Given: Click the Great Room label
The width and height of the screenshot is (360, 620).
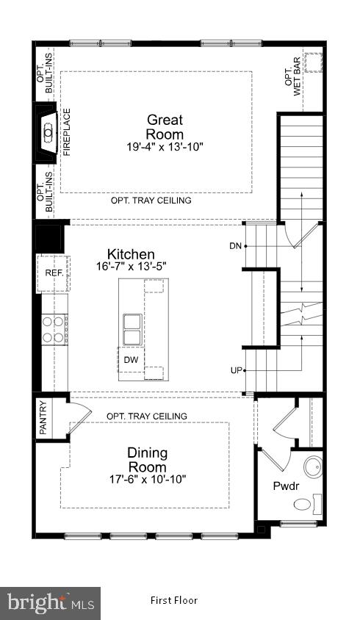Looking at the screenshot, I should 165,126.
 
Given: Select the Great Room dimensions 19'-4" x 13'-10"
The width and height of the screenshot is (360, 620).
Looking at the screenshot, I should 165,147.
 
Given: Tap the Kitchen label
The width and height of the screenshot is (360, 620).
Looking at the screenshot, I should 131,255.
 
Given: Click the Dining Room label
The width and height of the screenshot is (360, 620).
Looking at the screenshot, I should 147,459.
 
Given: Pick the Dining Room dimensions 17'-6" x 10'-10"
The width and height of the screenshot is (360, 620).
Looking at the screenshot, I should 147,480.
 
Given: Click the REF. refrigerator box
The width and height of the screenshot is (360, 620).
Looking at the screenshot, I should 54,273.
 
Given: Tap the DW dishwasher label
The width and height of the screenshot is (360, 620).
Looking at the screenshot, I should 131,360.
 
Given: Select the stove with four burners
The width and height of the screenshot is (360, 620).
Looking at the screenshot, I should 54,329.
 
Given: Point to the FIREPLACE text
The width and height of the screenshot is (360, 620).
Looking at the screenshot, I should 66,133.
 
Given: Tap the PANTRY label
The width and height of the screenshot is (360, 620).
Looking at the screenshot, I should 43,418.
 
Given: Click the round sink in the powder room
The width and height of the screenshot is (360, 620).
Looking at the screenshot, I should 314,466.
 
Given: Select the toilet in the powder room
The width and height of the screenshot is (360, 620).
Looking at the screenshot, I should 304,504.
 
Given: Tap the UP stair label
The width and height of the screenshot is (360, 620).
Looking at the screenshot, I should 236,370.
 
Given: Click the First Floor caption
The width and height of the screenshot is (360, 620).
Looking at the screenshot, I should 174,600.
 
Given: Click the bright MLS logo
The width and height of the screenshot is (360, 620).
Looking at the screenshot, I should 50,603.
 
